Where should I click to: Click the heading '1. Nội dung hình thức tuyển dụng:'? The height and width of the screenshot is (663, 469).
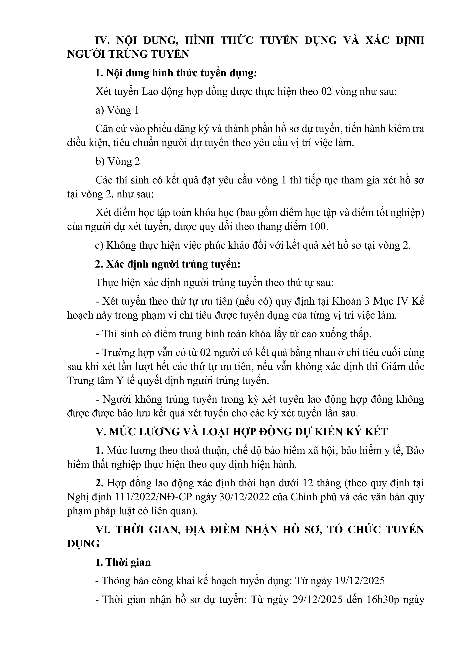tap(176, 73)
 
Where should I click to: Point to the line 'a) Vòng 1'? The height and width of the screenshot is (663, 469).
tap(117, 110)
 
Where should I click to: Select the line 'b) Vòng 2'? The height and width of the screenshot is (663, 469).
tap(118, 161)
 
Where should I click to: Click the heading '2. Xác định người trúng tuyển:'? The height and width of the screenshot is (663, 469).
tap(168, 264)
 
